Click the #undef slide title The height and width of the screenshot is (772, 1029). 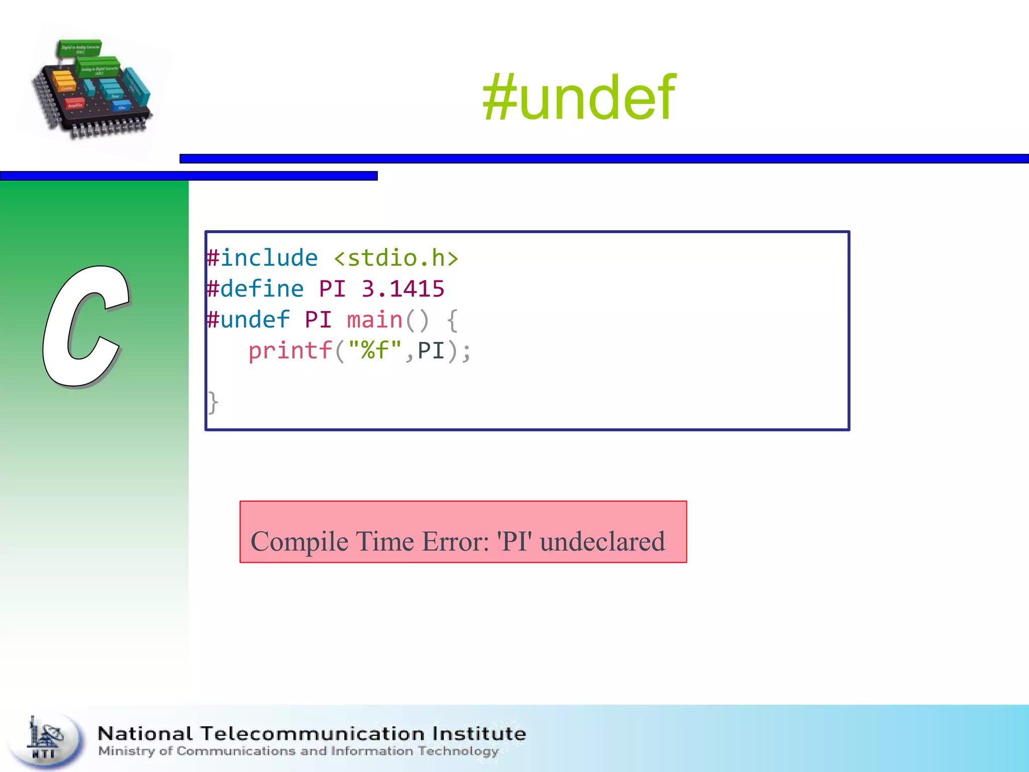click(579, 98)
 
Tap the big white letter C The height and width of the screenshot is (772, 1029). click(85, 327)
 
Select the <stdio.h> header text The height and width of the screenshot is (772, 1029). click(396, 258)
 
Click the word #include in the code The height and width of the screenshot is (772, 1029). click(262, 258)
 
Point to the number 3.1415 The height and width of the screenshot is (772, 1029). click(403, 289)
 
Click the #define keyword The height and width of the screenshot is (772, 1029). click(255, 289)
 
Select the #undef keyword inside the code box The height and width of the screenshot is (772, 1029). click(248, 320)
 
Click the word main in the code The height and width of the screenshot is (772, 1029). click(375, 320)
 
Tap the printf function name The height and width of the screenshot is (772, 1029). click(290, 351)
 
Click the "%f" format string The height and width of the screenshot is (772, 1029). click(375, 351)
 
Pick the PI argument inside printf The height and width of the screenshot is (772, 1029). click(431, 351)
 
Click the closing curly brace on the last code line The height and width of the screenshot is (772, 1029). click(213, 403)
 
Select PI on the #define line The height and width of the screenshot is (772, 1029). click(332, 289)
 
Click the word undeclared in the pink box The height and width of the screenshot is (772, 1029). click(602, 542)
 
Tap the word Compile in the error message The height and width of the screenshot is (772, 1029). click(299, 542)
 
